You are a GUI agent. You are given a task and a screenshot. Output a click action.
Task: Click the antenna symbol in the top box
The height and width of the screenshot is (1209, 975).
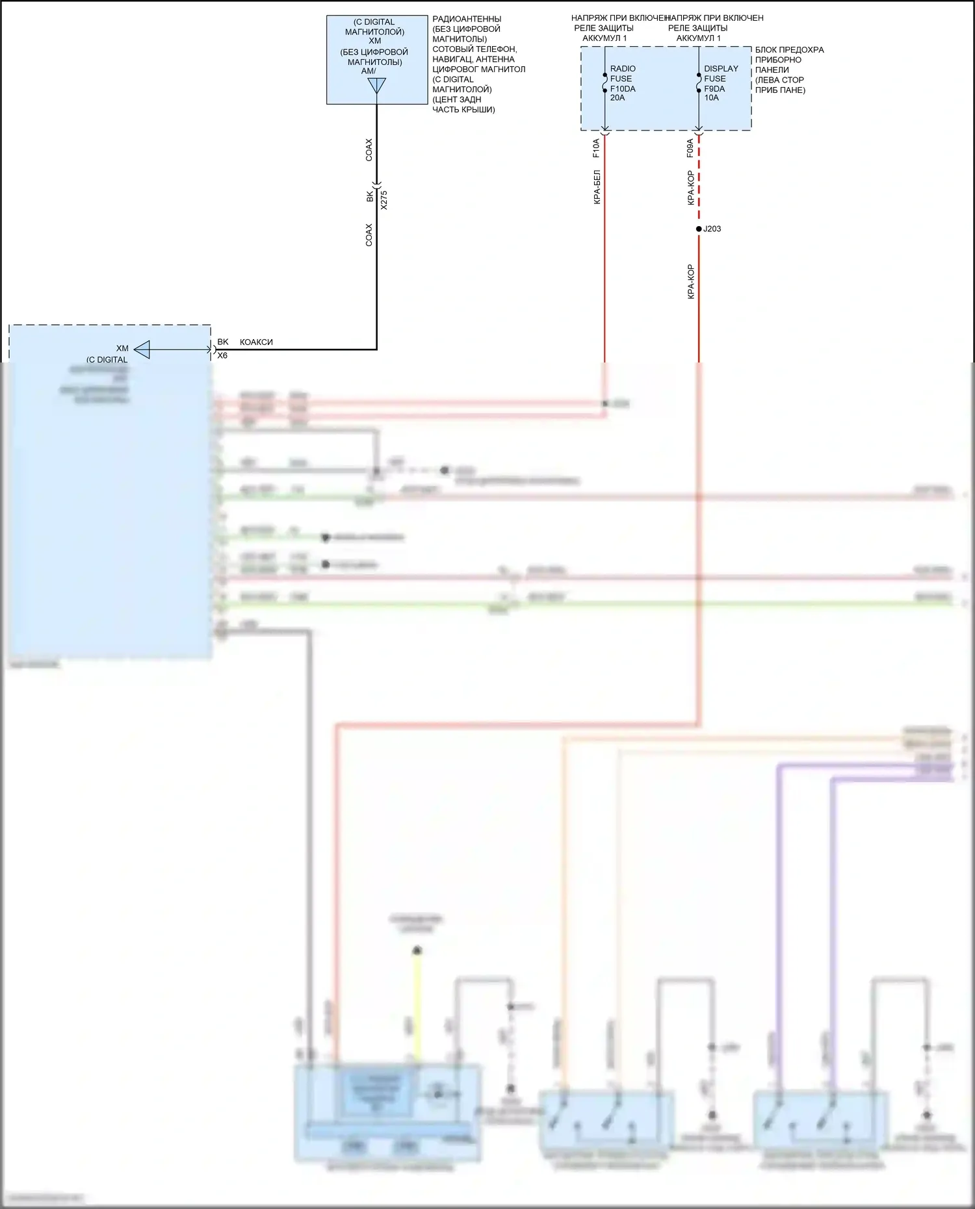pyautogui.click(x=376, y=86)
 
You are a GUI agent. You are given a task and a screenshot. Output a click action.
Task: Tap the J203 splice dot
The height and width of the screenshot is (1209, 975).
pyautogui.click(x=699, y=229)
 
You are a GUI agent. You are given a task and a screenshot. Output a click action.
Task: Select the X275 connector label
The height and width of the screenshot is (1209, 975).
pyautogui.click(x=384, y=199)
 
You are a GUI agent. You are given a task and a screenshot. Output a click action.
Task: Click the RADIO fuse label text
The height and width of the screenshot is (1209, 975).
pyautogui.click(x=623, y=69)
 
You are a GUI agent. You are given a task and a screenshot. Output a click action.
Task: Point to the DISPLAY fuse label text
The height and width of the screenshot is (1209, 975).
pyautogui.click(x=721, y=69)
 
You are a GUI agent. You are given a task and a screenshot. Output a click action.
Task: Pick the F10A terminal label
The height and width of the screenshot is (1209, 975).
pyautogui.click(x=596, y=148)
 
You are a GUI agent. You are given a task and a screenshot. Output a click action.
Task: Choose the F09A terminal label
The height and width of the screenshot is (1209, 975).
pyautogui.click(x=690, y=148)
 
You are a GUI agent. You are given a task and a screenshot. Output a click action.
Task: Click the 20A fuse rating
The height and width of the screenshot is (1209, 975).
pyautogui.click(x=617, y=98)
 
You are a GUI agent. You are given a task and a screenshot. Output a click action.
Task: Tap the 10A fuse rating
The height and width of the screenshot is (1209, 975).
pyautogui.click(x=712, y=98)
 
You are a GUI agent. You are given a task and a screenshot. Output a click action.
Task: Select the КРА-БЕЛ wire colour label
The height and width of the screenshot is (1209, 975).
pyautogui.click(x=597, y=187)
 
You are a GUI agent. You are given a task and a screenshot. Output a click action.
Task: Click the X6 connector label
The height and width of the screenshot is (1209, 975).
pyautogui.click(x=222, y=356)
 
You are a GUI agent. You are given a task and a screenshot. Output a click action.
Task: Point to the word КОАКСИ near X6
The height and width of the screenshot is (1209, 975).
pyautogui.click(x=256, y=342)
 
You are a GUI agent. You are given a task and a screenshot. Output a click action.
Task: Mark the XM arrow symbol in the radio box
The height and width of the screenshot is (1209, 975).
pyautogui.click(x=142, y=350)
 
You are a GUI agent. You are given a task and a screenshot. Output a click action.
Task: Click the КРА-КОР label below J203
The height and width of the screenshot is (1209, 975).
pyautogui.click(x=691, y=281)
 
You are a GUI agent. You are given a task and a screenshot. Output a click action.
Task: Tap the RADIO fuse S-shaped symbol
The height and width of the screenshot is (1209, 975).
pyautogui.click(x=605, y=83)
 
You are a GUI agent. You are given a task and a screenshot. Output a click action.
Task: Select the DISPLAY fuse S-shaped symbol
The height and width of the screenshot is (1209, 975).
pyautogui.click(x=699, y=83)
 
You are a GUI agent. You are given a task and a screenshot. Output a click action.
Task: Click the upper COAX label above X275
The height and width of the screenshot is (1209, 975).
pyautogui.click(x=369, y=149)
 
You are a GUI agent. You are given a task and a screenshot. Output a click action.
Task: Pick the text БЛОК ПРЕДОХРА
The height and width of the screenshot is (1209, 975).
pyautogui.click(x=789, y=50)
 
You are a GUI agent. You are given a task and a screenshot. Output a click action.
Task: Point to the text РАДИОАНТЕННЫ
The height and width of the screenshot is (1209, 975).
pyautogui.click(x=467, y=19)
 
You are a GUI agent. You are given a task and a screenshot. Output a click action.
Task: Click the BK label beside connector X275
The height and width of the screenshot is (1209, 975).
pyautogui.click(x=370, y=196)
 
